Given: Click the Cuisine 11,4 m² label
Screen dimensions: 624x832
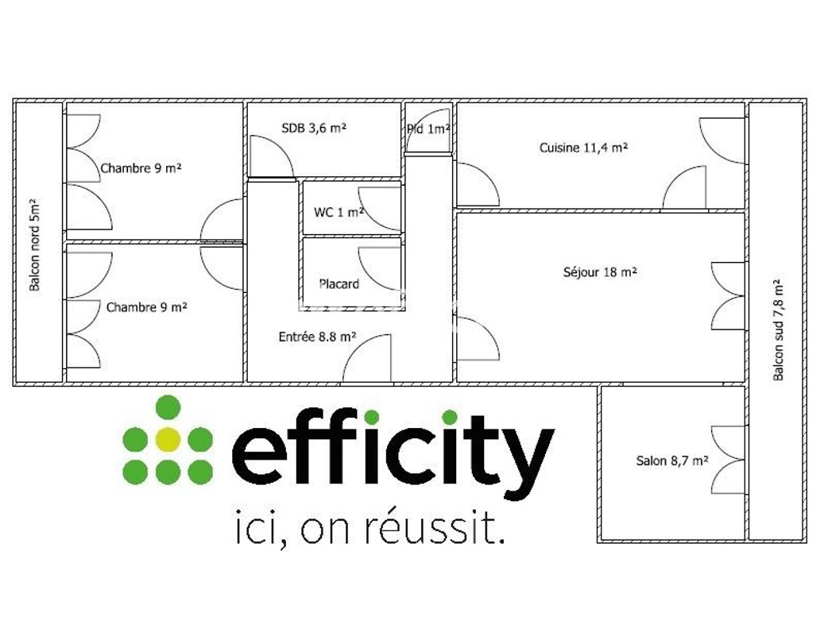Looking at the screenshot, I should click(x=583, y=148).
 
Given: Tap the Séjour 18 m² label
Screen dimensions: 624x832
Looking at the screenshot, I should click(x=600, y=272).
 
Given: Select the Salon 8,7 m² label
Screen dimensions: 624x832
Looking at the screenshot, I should click(x=672, y=460).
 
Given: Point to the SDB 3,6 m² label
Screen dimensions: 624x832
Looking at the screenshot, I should click(x=314, y=127).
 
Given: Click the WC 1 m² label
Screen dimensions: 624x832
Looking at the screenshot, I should click(x=339, y=212).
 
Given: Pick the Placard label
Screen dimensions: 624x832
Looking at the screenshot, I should click(x=339, y=283).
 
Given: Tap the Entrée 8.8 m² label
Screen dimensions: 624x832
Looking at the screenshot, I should click(x=317, y=337).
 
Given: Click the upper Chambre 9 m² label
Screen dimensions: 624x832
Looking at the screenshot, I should click(x=141, y=168).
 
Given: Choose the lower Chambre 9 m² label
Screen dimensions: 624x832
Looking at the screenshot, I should click(x=146, y=307).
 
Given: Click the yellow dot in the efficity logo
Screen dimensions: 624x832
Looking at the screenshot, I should click(x=168, y=439).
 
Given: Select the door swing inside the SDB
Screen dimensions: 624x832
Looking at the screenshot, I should click(x=272, y=157).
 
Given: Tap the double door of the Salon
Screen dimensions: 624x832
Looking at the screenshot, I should click(x=728, y=460).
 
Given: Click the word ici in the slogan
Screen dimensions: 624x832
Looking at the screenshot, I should click(x=256, y=529).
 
